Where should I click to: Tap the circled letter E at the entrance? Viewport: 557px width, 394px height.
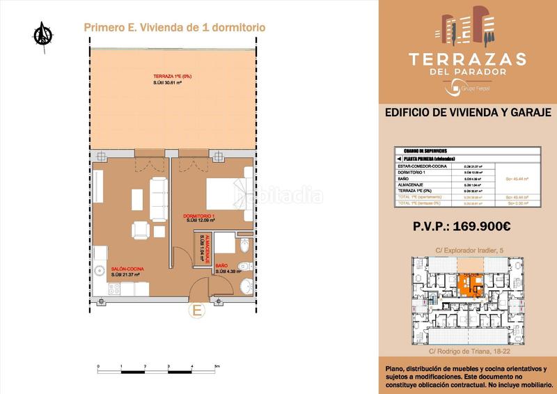click(x=197, y=310)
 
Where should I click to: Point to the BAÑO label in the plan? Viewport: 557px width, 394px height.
click(x=221, y=266)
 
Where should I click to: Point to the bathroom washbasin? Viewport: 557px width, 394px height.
click(x=244, y=287)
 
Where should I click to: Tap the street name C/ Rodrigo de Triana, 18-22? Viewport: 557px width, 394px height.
click(x=468, y=349)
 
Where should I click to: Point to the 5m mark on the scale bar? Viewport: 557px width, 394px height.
click(x=217, y=366)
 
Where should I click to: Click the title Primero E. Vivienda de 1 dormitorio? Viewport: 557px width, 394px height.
click(x=174, y=28)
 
